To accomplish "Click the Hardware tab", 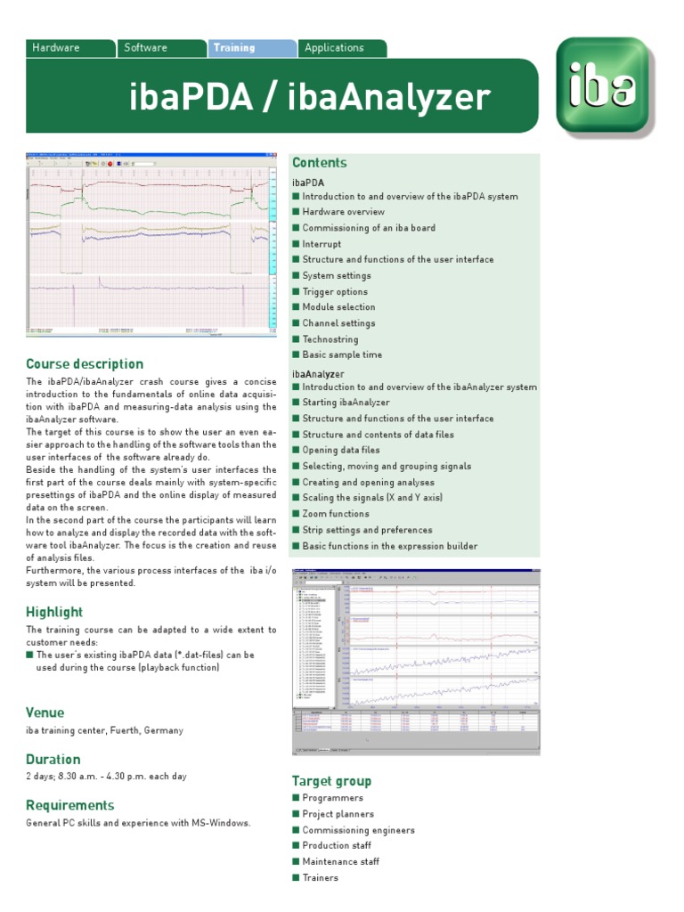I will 56,48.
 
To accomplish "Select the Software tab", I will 145,48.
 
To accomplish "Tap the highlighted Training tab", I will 233,48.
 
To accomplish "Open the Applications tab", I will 334,48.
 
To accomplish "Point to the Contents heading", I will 320,163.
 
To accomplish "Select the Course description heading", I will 85,364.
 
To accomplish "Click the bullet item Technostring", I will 330,339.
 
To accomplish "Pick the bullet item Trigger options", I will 335,292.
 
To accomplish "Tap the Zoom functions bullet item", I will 336,514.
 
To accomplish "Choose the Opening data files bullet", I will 340,451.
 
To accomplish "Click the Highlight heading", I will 54,612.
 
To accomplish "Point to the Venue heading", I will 45,712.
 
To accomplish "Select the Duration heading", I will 53,760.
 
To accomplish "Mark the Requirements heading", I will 70,806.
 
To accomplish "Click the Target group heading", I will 332,781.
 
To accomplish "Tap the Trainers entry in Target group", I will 321,878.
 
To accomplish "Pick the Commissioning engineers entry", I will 359,830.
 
